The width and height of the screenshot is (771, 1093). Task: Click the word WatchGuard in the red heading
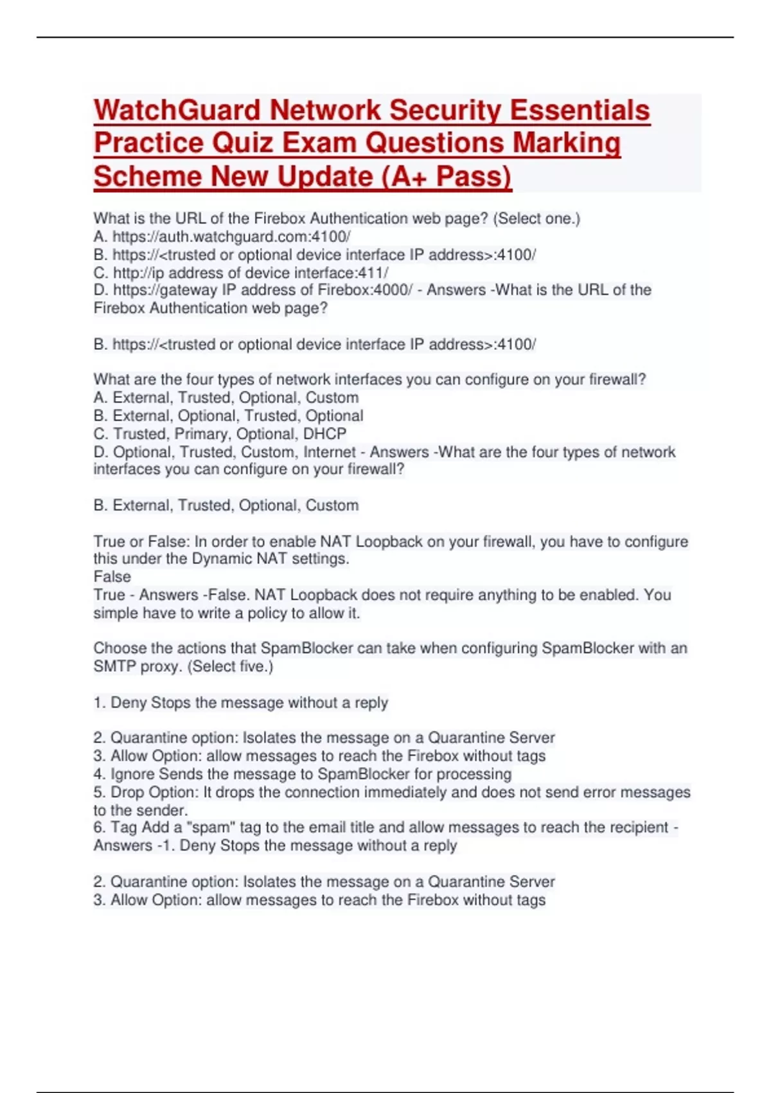click(177, 110)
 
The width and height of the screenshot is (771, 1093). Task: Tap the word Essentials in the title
click(580, 110)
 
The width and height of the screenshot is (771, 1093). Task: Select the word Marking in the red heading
click(566, 143)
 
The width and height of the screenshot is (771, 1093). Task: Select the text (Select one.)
click(536, 219)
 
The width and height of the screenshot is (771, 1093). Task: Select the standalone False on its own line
click(112, 577)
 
